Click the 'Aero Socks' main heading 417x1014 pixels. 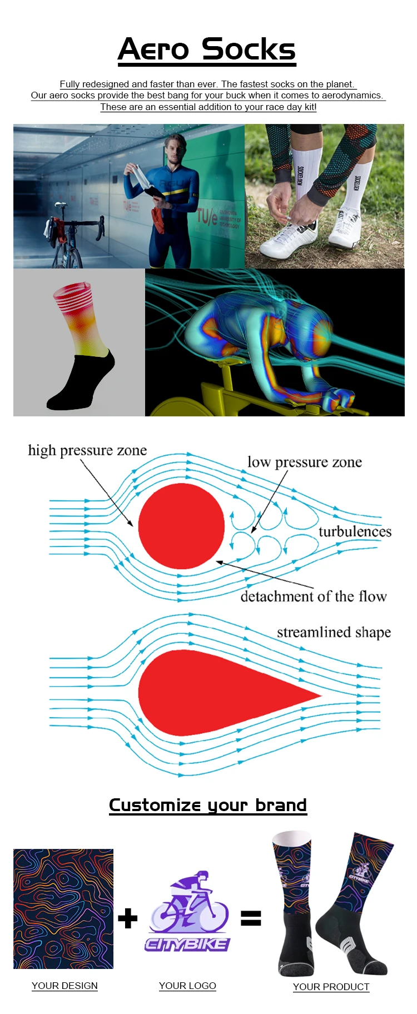[207, 50]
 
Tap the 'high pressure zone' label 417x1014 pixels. [87, 450]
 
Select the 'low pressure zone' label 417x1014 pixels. [304, 463]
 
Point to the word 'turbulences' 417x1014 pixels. [355, 532]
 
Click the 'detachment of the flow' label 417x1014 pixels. [313, 597]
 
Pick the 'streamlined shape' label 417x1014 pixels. [334, 633]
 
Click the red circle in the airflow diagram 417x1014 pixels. [181, 526]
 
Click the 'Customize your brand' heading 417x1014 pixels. [208, 805]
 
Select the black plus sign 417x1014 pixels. [128, 918]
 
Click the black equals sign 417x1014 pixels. [251, 918]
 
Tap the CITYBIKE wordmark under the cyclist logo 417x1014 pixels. [187, 944]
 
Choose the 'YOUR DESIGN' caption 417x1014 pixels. [64, 986]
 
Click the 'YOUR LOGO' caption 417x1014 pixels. [187, 986]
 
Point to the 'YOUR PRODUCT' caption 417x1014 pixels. [331, 987]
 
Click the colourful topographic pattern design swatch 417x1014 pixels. [63, 908]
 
